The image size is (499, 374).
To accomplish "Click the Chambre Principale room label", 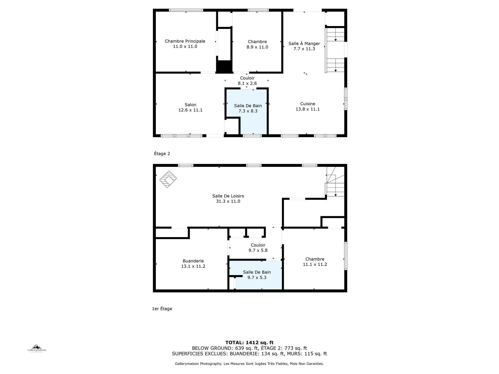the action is click(185, 41).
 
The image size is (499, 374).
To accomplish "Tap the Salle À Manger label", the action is click(304, 44).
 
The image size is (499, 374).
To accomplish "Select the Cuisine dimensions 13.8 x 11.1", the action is click(308, 109).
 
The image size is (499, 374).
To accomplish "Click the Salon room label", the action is click(190, 105).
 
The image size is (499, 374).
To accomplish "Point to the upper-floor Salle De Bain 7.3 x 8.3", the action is click(248, 108).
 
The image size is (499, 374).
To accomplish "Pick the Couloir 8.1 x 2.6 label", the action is click(247, 81).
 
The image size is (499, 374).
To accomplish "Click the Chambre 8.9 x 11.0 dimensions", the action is click(257, 47).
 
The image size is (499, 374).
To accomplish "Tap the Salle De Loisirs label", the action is click(228, 196).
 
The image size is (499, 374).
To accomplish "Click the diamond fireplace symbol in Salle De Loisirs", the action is click(168, 179).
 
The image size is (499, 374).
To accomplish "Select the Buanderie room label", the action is click(193, 261).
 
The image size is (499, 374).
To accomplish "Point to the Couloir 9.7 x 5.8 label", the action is click(258, 248).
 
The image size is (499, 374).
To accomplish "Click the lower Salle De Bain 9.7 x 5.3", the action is click(257, 275).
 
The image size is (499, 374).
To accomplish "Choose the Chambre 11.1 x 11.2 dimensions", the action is click(315, 264).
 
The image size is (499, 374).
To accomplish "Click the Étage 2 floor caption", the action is click(162, 154).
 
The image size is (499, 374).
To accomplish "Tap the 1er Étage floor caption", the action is click(162, 309).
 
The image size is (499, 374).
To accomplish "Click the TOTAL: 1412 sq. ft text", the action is click(249, 343).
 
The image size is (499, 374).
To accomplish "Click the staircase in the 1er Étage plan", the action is click(335, 182).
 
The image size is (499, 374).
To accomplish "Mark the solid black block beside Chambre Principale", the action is click(224, 67).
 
